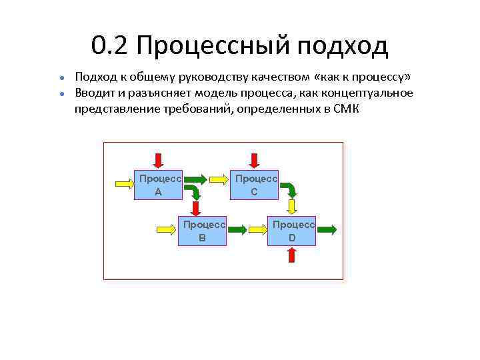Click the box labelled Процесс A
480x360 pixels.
[159, 185]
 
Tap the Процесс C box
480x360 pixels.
[254, 185]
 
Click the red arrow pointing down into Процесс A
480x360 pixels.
[159, 160]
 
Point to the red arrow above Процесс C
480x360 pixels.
[254, 160]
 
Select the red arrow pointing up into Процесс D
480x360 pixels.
[292, 255]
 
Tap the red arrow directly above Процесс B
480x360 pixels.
[195, 209]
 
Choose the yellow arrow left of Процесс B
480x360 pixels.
[167, 229]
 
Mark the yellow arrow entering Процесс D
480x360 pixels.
[257, 229]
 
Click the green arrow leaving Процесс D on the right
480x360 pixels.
[326, 229]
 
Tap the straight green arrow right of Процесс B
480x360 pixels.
[237, 229]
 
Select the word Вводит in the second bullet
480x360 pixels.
[96, 93]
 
